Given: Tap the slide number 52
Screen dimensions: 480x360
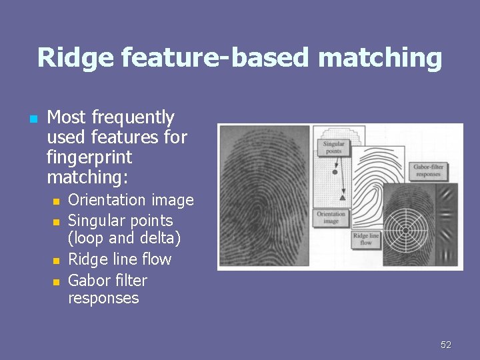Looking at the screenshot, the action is (446, 345).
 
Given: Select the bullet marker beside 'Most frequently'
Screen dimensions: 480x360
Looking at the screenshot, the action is (32, 119).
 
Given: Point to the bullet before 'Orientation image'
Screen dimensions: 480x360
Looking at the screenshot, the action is (57, 201).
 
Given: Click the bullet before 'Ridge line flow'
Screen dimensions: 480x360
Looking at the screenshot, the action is (57, 260).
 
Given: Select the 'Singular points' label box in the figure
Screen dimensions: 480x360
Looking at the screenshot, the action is (333, 147).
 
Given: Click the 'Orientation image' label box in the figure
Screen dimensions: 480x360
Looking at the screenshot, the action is (331, 218).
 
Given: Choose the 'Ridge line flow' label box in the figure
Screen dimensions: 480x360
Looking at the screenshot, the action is (366, 239).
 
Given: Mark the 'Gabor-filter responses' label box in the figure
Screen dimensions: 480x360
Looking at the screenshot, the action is (427, 171).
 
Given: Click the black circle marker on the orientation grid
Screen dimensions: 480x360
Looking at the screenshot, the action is (335, 172).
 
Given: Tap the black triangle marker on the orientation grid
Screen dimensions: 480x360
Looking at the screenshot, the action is (342, 197).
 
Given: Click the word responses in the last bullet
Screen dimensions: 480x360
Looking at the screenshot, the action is (103, 298).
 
